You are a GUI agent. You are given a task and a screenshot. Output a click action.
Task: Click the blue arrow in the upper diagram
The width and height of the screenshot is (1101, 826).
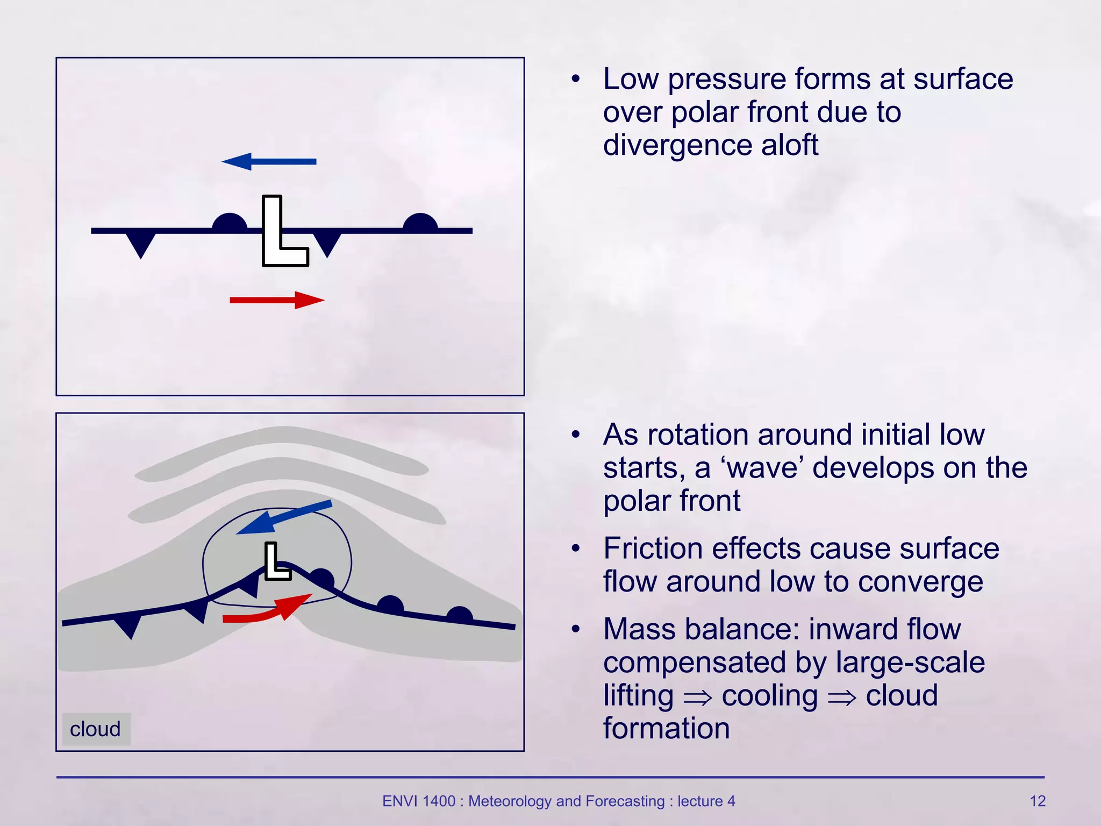tap(269, 161)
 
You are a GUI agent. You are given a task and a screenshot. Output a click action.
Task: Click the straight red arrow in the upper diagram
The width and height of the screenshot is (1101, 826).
tap(277, 300)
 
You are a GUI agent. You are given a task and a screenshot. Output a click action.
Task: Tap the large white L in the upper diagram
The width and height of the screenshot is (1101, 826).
tap(274, 237)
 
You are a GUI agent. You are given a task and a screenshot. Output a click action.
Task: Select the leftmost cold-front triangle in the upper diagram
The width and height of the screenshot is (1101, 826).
tap(141, 244)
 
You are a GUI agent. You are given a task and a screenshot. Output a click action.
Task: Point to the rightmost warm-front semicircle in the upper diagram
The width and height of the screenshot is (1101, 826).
tap(420, 223)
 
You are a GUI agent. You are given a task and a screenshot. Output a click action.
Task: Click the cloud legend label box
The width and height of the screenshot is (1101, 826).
tap(96, 729)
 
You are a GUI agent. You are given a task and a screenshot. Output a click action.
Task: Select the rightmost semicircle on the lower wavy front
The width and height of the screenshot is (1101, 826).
tap(460, 615)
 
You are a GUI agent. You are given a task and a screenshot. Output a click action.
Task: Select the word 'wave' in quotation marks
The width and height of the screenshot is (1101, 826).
tap(762, 468)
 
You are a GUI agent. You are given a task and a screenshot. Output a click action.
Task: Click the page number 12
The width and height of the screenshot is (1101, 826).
tap(1037, 801)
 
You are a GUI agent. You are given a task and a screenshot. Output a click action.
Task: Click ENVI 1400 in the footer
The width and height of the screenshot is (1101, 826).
tap(418, 801)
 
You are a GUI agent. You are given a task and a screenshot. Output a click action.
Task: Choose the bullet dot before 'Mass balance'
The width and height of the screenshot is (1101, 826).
tap(576, 629)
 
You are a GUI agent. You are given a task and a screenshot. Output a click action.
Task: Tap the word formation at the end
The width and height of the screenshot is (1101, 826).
tap(667, 728)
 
